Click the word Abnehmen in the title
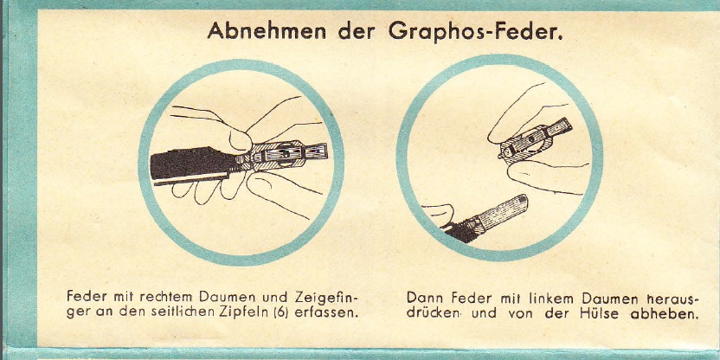(x=267, y=31)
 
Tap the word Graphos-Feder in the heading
(x=475, y=32)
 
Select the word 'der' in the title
(x=357, y=31)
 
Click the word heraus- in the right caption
(x=672, y=299)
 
